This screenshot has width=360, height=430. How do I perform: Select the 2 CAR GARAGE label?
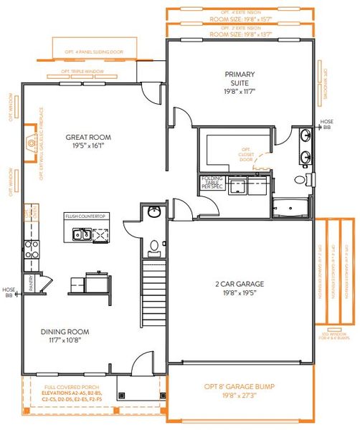(x=241, y=284)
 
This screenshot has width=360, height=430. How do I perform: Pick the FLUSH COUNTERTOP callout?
(x=86, y=215)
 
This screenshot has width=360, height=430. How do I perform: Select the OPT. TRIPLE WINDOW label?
(x=82, y=72)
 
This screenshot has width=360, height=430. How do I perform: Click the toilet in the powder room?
(x=153, y=245)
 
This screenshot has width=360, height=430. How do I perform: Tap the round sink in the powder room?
(x=153, y=213)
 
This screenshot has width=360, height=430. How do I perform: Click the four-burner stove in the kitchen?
(x=32, y=248)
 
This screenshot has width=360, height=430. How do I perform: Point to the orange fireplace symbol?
(x=32, y=145)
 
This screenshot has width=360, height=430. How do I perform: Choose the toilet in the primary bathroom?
(x=310, y=179)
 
